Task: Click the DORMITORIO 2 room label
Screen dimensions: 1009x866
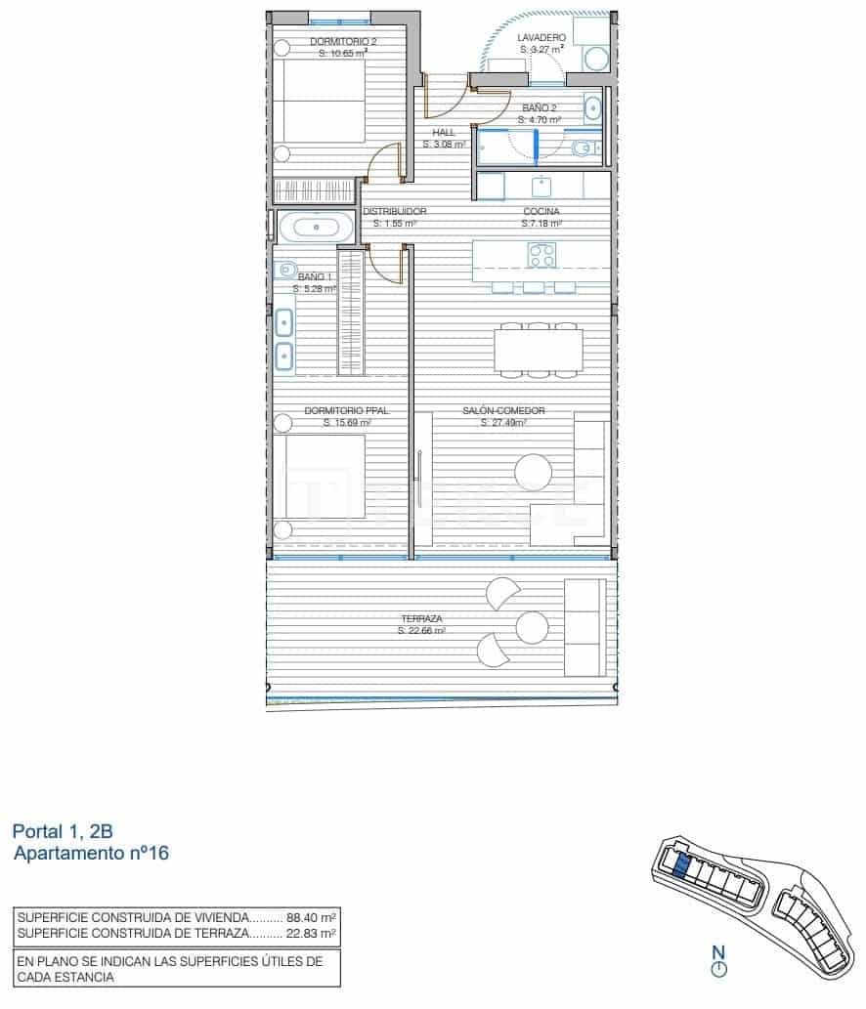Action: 343,42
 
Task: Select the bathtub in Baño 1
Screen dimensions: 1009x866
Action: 316,228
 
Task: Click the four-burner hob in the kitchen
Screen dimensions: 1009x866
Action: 542,255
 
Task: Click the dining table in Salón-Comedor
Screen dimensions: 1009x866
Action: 538,350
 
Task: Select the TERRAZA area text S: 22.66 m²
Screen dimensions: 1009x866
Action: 421,631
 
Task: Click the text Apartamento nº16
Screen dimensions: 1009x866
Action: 92,854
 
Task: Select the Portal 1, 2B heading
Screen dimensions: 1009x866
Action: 63,832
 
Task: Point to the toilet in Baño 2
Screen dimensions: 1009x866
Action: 583,148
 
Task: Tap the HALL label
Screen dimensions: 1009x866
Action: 444,133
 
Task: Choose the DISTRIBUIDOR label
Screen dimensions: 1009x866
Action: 395,211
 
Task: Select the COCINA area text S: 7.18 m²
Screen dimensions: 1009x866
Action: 541,223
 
